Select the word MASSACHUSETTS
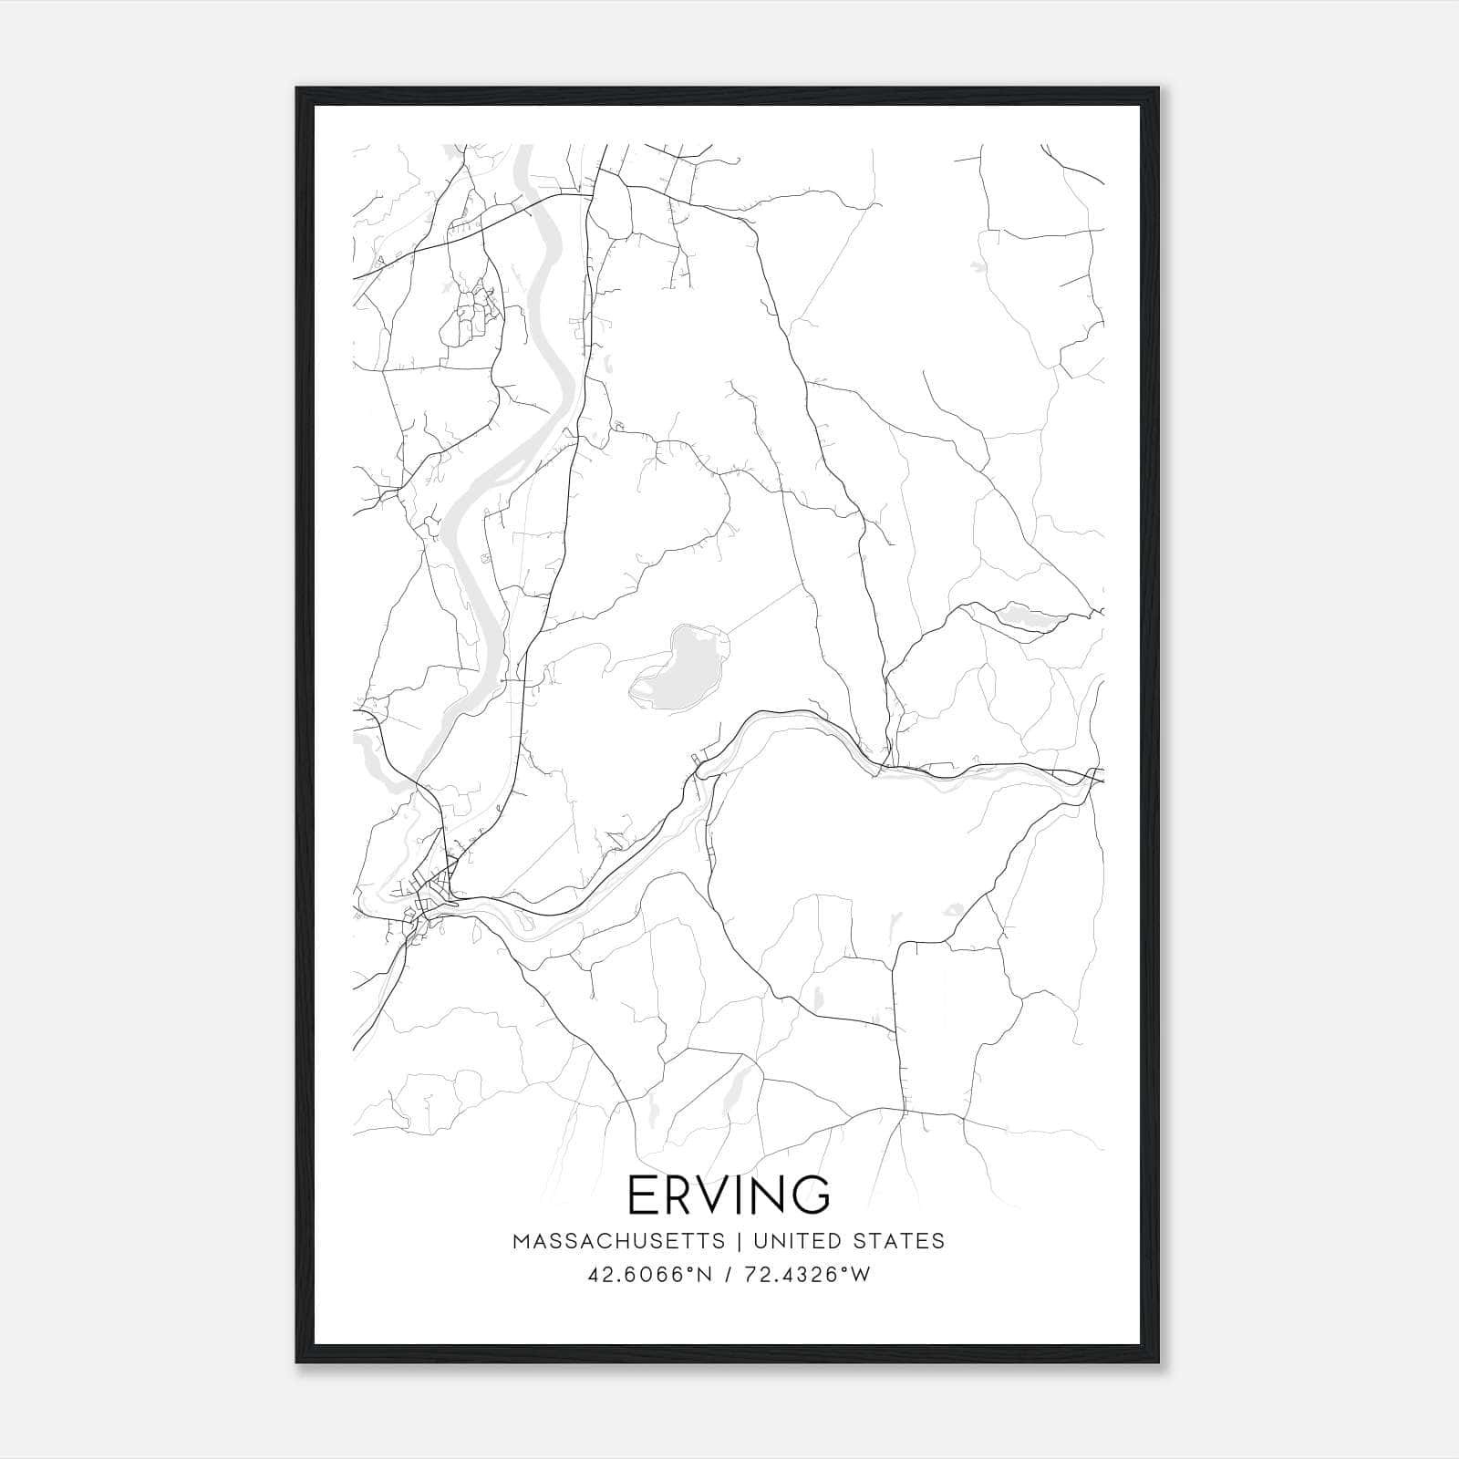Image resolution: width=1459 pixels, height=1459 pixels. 619,1241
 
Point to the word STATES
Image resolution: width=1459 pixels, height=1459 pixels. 900,1241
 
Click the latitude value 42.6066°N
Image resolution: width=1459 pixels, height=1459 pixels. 649,1275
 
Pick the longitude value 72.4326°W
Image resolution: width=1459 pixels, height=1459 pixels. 807,1275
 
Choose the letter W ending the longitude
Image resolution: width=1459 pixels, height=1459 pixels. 861,1275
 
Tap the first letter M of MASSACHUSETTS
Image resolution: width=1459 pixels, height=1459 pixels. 521,1241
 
